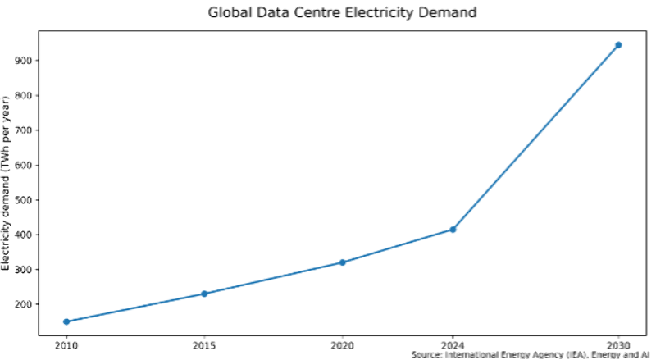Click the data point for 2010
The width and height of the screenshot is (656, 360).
pyautogui.click(x=66, y=321)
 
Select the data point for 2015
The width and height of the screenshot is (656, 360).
pyautogui.click(x=204, y=294)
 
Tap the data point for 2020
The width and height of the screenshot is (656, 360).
pyautogui.click(x=342, y=262)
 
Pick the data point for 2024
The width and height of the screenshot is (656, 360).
pyautogui.click(x=453, y=230)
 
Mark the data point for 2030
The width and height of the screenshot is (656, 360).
pyautogui.click(x=618, y=45)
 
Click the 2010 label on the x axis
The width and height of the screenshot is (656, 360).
pyautogui.click(x=66, y=345)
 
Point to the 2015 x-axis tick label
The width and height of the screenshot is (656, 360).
pyautogui.click(x=204, y=345)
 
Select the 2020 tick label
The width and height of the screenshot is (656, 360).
pyautogui.click(x=342, y=345)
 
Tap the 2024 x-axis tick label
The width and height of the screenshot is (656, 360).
pyautogui.click(x=453, y=345)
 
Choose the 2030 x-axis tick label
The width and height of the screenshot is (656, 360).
pyautogui.click(x=618, y=345)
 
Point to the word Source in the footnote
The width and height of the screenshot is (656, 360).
pyautogui.click(x=428, y=355)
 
